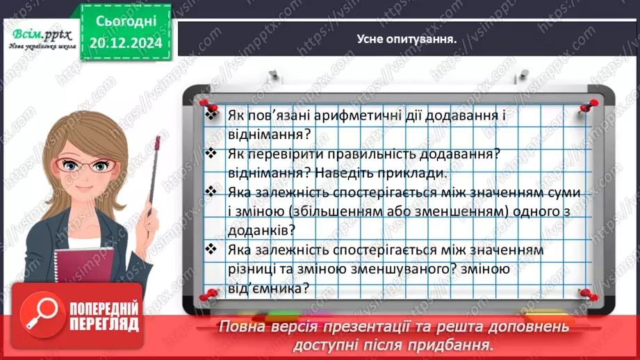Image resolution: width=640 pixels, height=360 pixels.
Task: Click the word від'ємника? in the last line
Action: click(x=268, y=288)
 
